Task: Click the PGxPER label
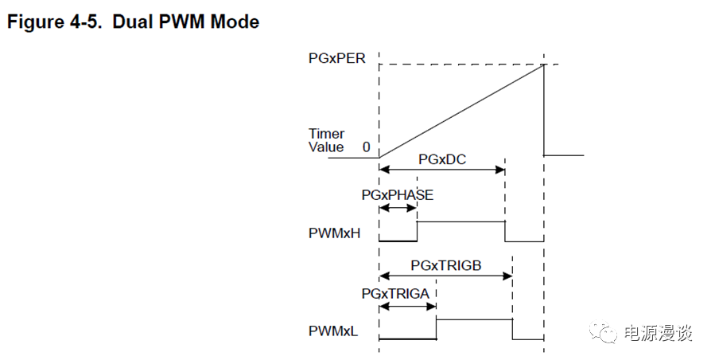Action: point(337,58)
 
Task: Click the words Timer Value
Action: point(326,141)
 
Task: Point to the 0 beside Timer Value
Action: point(366,147)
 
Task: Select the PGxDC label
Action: point(441,159)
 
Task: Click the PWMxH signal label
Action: point(334,234)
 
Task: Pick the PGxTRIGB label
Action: point(446,264)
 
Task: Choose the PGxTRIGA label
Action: point(395,294)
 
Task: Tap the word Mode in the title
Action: point(236,22)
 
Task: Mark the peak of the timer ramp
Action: point(544,65)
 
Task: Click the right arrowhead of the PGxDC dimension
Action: point(502,169)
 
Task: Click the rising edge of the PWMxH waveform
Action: point(418,230)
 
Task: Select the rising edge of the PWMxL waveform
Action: point(437,329)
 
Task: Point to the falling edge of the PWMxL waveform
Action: point(512,329)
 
